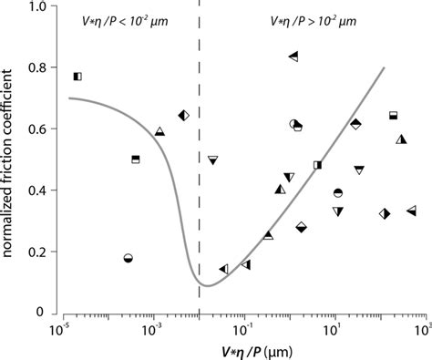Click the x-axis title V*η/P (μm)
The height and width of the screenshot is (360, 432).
(242, 349)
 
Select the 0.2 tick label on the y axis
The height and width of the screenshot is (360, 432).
(41, 251)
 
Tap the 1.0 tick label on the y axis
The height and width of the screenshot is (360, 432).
(41, 8)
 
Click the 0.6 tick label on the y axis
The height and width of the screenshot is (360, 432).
(41, 129)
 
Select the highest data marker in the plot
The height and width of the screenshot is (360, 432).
(293, 57)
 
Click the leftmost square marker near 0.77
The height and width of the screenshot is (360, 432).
(78, 77)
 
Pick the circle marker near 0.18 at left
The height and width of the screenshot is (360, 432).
(129, 259)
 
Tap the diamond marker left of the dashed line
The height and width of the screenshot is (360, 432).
(183, 116)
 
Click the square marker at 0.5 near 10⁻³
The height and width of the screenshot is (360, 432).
(136, 159)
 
